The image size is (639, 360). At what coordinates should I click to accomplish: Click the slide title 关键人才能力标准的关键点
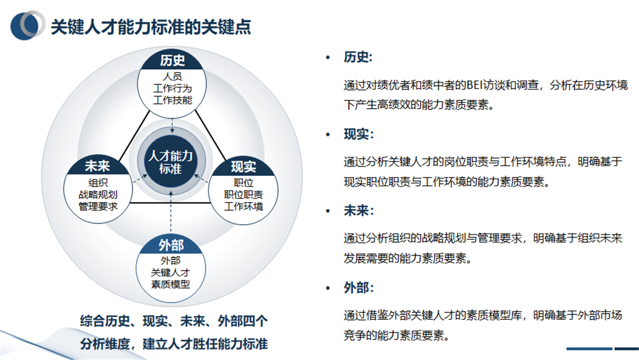[151, 27]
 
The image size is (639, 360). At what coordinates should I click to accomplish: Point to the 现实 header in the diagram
[243, 167]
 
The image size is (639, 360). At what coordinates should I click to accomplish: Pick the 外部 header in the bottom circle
[171, 244]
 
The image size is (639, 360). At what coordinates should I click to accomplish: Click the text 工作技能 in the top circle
[172, 100]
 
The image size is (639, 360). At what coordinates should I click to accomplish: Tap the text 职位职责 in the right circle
[243, 195]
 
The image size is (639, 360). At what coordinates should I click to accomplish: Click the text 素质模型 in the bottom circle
[171, 284]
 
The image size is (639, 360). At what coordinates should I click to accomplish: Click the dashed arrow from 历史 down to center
[172, 121]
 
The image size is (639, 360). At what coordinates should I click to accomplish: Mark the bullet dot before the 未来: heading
[328, 211]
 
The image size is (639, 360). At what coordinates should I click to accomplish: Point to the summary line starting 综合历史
[174, 321]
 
